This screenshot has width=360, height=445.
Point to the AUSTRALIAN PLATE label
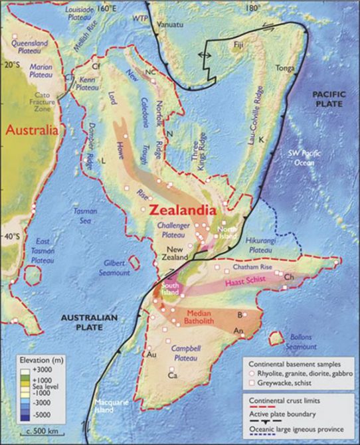point(89,322)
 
